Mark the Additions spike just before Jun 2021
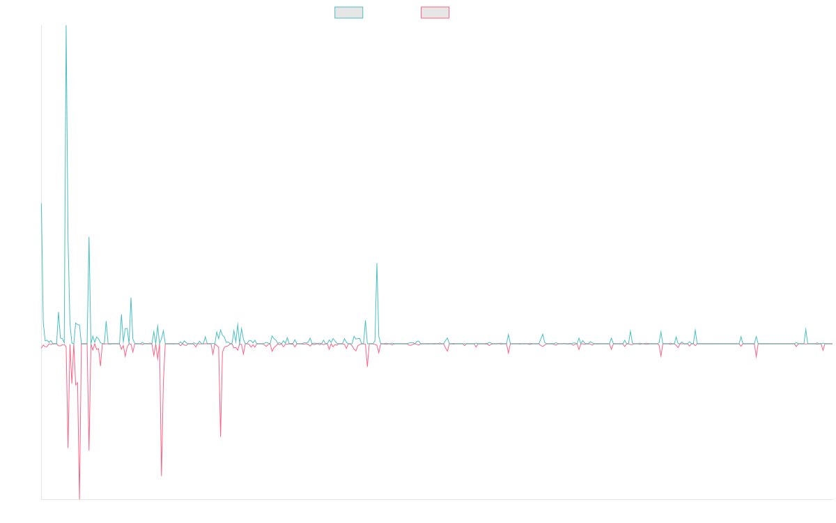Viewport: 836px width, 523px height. (377, 264)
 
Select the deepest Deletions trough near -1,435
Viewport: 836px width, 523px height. (79, 498)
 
